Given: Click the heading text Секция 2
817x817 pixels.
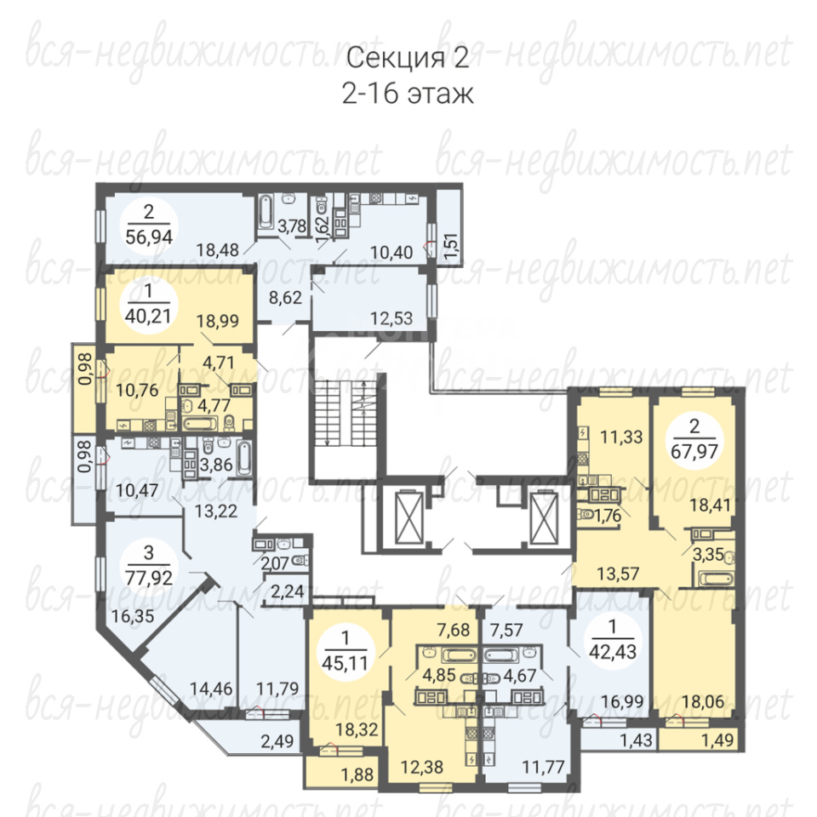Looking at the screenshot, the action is click(408, 57).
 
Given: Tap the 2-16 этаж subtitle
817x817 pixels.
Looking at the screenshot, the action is click(408, 94).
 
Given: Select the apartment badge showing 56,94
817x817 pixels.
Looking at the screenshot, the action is click(149, 225).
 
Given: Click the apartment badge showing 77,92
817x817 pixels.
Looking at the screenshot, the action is click(149, 565).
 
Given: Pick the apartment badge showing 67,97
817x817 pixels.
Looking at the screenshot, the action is click(694, 439).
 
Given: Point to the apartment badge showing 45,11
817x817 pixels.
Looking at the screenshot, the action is click(345, 651).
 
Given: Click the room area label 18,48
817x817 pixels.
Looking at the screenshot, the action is click(217, 250).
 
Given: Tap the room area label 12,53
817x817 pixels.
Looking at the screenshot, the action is click(391, 317).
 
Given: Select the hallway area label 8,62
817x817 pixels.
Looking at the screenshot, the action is click(285, 298).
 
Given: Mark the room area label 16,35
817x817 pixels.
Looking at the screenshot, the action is click(133, 616).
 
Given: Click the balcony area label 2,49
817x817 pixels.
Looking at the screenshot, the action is click(277, 740).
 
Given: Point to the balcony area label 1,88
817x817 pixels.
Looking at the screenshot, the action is click(357, 774).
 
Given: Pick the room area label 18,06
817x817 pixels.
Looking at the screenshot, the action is click(703, 701).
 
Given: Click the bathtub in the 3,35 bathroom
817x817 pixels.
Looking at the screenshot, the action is click(716, 579).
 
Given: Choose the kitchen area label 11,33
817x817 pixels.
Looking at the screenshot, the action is click(621, 437).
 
